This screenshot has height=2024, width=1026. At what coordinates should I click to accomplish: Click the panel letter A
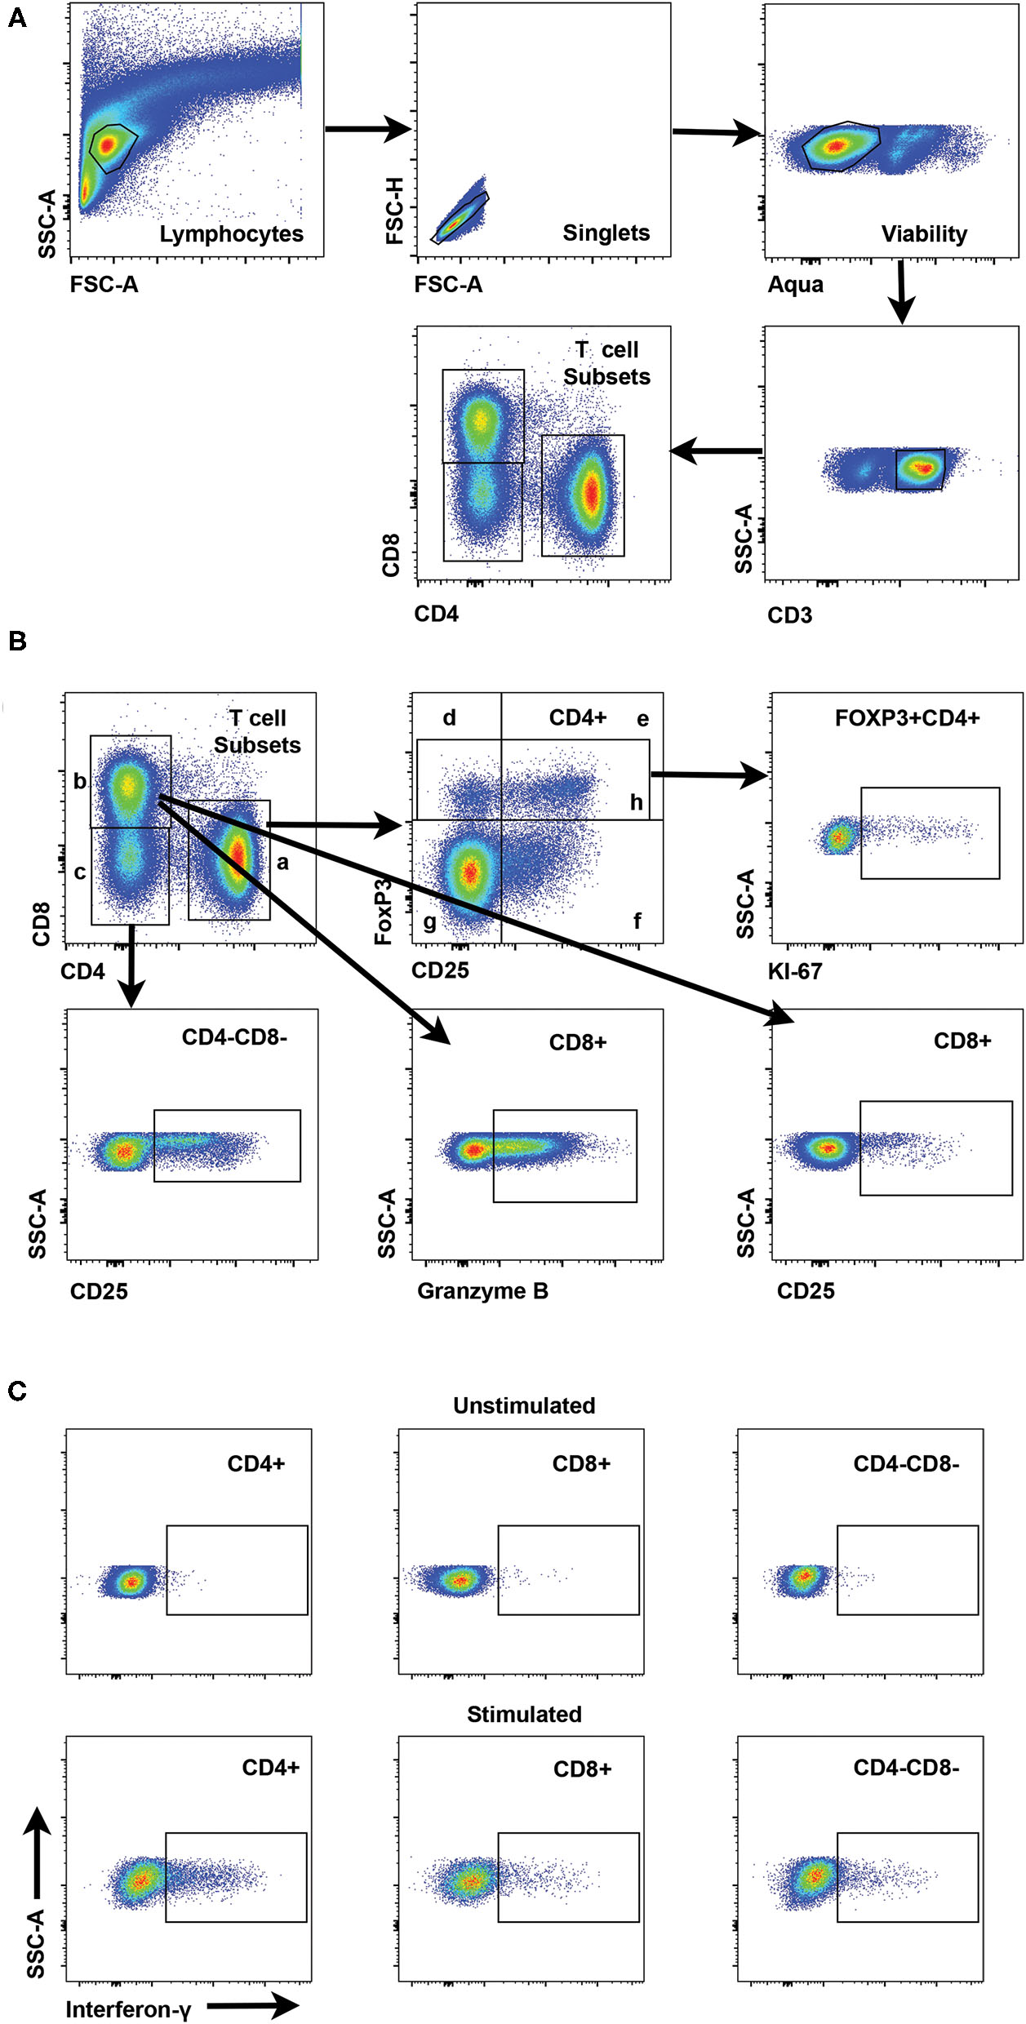[16, 17]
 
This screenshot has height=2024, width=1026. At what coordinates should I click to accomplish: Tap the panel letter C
[16, 1391]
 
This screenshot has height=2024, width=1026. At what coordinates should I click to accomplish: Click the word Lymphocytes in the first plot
[231, 234]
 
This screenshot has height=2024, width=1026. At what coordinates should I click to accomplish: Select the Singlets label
[606, 233]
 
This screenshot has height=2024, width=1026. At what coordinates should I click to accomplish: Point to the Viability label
[924, 234]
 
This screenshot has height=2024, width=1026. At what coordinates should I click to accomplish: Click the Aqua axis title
[795, 285]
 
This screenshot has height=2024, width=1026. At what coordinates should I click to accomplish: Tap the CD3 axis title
[789, 615]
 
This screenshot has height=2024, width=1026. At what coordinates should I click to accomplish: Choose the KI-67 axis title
[794, 971]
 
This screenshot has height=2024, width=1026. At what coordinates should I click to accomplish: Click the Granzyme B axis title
[482, 1291]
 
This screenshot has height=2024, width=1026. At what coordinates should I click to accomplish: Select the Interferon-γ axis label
[128, 2009]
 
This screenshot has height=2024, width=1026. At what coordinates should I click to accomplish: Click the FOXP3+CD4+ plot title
[907, 718]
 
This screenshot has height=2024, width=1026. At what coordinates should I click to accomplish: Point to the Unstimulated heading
[524, 1406]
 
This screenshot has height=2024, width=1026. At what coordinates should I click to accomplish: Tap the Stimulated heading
[524, 1714]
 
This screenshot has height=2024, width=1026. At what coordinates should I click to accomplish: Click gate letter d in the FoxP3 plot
[449, 718]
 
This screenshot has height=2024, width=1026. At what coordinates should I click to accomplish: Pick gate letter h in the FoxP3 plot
[637, 803]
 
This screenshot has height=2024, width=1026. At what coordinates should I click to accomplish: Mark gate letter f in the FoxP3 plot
[637, 921]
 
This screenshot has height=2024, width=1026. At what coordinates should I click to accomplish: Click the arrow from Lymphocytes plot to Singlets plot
[367, 129]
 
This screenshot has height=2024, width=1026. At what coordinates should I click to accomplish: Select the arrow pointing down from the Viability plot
[901, 291]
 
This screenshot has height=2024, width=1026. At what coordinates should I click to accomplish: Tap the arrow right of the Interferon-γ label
[253, 2005]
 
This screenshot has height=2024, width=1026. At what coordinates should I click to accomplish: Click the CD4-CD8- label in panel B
[234, 1037]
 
